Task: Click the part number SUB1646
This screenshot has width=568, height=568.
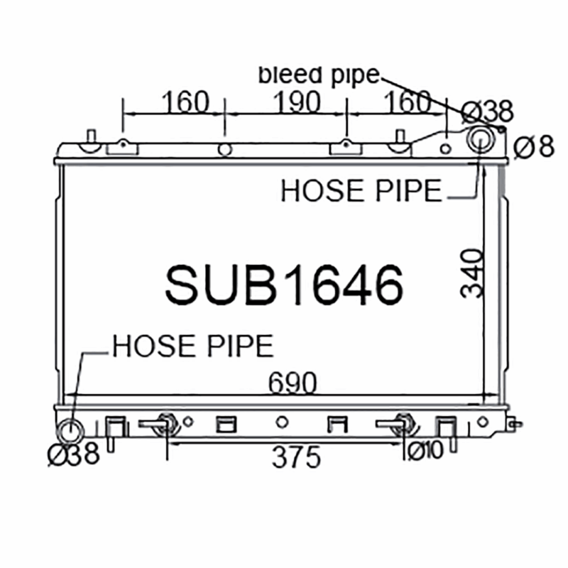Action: [284, 285]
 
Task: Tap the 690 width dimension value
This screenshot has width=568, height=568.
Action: [293, 383]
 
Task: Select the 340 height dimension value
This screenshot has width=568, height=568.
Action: [472, 274]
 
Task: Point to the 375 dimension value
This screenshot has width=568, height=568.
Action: [296, 457]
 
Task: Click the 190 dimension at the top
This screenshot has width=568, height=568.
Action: [297, 102]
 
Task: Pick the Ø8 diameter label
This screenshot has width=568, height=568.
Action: [534, 146]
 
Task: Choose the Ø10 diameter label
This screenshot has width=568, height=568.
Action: [425, 451]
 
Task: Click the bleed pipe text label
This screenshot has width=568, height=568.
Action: [319, 76]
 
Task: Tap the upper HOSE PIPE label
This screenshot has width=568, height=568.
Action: [361, 190]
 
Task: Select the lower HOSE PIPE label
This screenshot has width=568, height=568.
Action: [193, 346]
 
